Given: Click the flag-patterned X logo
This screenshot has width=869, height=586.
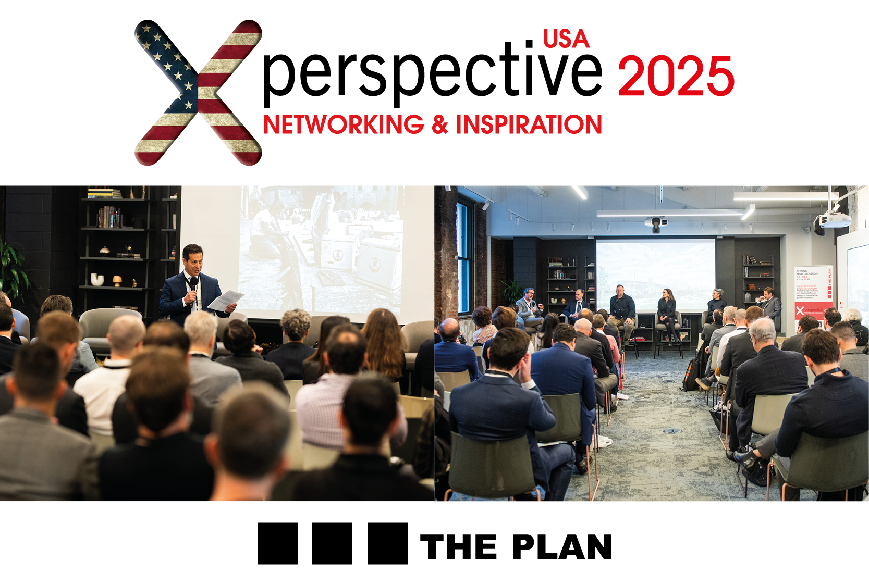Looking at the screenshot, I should tap(198, 93).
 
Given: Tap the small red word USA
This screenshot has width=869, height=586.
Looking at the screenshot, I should tap(566, 39).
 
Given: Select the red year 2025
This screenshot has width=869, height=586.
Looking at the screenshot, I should tap(676, 77).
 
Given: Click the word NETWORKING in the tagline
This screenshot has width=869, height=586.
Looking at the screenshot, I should tap(343, 125).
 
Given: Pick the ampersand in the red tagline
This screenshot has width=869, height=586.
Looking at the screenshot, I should tap(439, 125).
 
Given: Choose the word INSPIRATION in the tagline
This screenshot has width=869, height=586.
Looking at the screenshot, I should tap(529, 125).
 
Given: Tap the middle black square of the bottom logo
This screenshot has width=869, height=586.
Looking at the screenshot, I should tap(332, 544).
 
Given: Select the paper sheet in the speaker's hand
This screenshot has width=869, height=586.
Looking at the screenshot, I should tap(225, 300).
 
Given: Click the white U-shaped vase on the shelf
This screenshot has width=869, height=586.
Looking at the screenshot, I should tap(97, 279).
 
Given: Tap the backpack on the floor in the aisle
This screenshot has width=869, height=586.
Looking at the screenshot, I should tap(691, 375).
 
